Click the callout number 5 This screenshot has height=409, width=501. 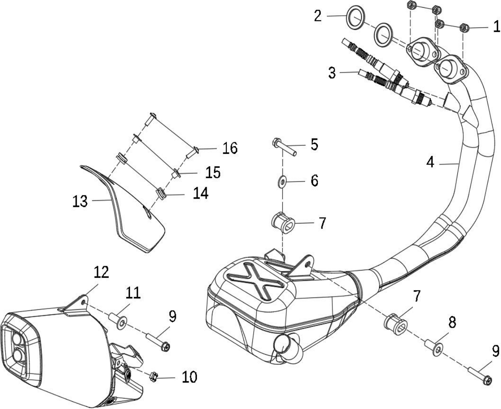[x=314, y=144]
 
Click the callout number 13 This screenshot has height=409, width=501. [x=80, y=201]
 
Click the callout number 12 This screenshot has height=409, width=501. [x=101, y=272]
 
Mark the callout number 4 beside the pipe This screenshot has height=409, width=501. [x=430, y=162]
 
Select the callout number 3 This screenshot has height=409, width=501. [x=332, y=73]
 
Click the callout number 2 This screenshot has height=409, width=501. [x=317, y=16]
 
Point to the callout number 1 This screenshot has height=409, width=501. [x=496, y=26]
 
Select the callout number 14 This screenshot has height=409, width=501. [x=201, y=193]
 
